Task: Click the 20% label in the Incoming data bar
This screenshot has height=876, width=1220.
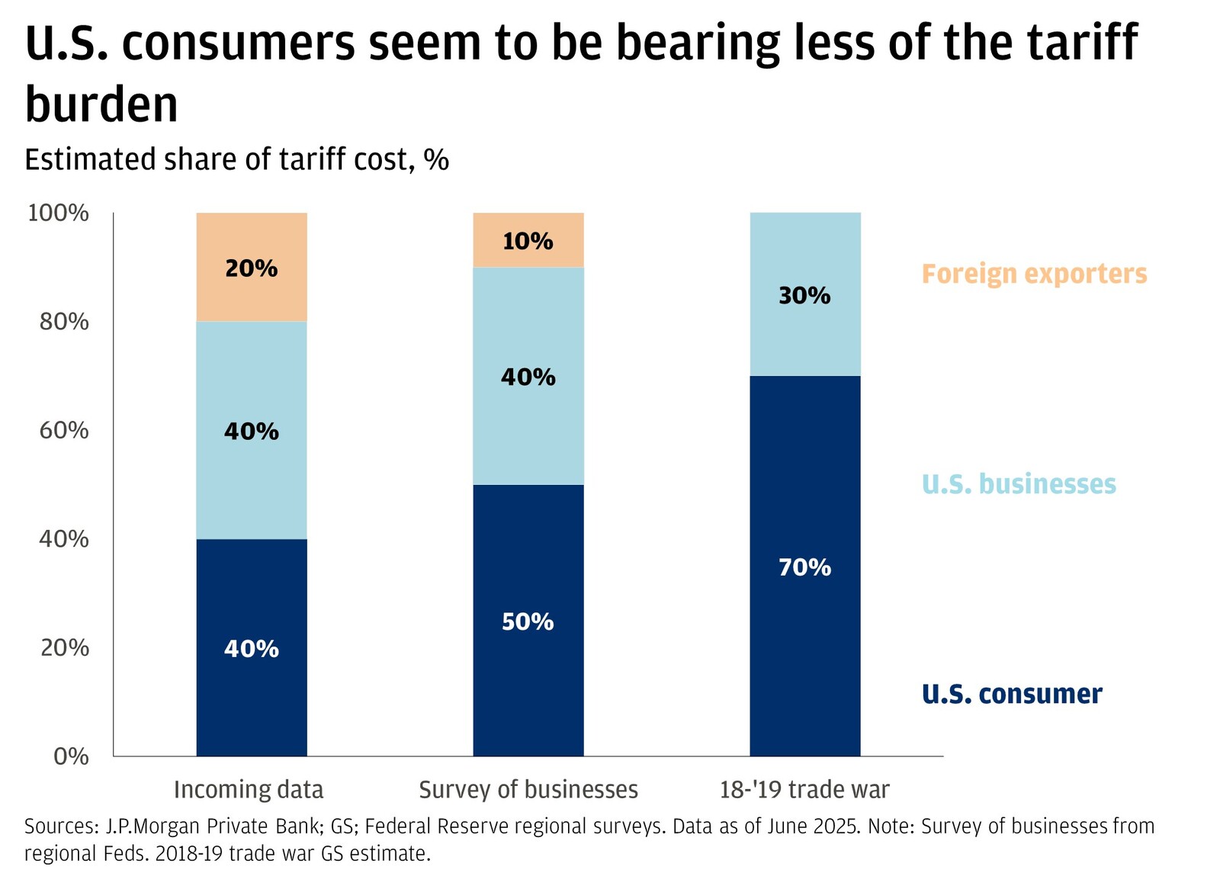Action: pyautogui.click(x=251, y=268)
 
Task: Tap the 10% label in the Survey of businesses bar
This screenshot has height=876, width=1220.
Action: pyautogui.click(x=528, y=242)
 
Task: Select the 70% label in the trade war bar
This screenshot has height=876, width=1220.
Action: pyautogui.click(x=804, y=567)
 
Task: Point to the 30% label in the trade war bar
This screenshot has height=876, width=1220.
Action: pyautogui.click(x=804, y=296)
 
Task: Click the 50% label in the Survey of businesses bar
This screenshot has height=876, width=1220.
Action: pyautogui.click(x=528, y=622)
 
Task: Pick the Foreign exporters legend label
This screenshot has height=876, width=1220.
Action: pyautogui.click(x=1034, y=274)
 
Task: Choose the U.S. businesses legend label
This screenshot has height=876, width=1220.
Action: pyautogui.click(x=1019, y=484)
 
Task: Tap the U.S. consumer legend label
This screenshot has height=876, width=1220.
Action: pyautogui.click(x=1012, y=694)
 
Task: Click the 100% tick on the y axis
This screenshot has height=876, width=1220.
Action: pyautogui.click(x=59, y=213)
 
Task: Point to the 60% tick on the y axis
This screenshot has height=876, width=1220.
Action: pyautogui.click(x=64, y=431)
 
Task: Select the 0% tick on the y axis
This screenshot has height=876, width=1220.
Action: pyautogui.click(x=71, y=756)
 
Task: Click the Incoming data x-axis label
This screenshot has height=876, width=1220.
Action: pyautogui.click(x=249, y=790)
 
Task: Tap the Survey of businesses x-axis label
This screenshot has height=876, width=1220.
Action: pyautogui.click(x=528, y=790)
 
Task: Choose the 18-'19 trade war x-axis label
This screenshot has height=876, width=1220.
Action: pyautogui.click(x=804, y=790)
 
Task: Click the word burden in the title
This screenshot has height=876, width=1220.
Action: pyautogui.click(x=101, y=104)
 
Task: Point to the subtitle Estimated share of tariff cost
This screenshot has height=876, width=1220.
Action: pyautogui.click(x=236, y=160)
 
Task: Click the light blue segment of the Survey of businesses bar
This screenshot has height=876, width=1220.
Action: pyautogui.click(x=528, y=427)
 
